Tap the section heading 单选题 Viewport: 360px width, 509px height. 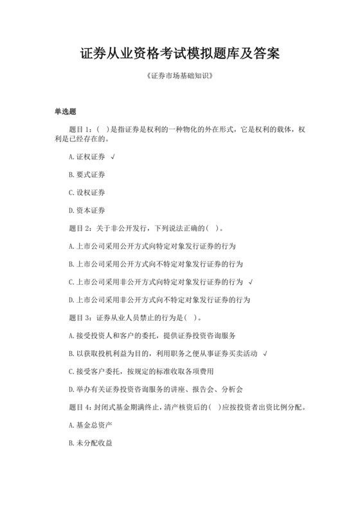pyautogui.click(x=65, y=111)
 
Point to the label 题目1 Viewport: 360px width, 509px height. pyautogui.click(x=79, y=129)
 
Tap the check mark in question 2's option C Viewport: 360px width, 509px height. pyautogui.click(x=249, y=281)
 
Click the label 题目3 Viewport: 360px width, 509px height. pyautogui.click(x=79, y=317)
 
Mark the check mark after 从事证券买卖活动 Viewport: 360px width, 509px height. pyautogui.click(x=265, y=353)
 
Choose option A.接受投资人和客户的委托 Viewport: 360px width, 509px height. pyautogui.click(x=155, y=335)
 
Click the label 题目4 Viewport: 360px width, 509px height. pyautogui.click(x=79, y=407)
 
